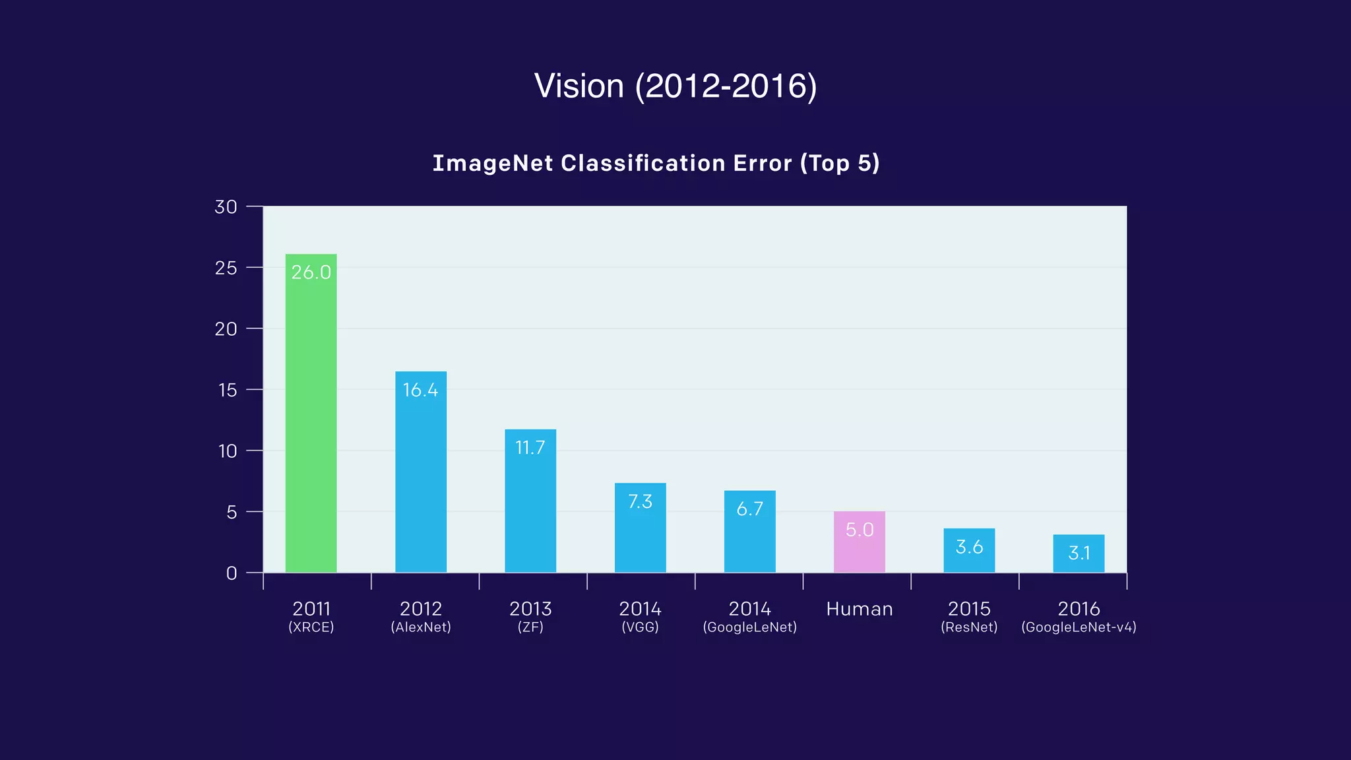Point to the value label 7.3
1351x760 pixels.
(x=640, y=502)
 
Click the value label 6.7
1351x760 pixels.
(x=749, y=509)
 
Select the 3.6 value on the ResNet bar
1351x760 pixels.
(x=969, y=547)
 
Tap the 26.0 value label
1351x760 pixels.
(x=311, y=272)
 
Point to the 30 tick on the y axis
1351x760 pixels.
(x=226, y=207)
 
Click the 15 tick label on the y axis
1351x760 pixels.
(x=227, y=390)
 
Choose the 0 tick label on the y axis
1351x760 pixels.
(x=231, y=573)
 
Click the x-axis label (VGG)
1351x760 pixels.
(x=640, y=627)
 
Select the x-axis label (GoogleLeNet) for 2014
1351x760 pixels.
(x=749, y=627)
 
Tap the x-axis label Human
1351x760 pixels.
(x=859, y=609)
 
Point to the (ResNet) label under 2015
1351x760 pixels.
(x=969, y=627)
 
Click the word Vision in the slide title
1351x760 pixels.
(x=579, y=86)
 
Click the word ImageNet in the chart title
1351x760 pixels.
(x=492, y=163)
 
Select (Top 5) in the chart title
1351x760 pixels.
(x=840, y=163)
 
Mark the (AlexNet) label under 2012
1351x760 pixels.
(x=421, y=627)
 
